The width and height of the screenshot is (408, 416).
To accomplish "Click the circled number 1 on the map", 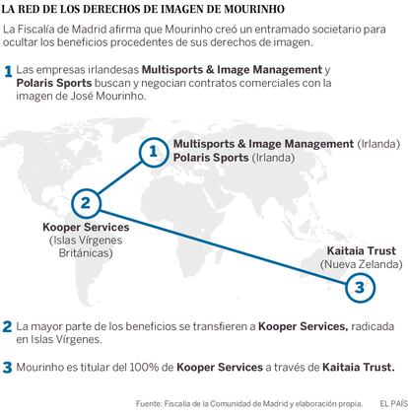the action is pos(154,152).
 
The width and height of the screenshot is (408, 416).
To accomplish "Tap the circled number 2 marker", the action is pos(86,203).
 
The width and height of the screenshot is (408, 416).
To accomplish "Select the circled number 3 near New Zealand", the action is pos(360,287).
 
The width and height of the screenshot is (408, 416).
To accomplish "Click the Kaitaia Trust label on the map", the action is pos(362,251).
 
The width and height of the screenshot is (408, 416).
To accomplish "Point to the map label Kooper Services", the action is pos(86,228).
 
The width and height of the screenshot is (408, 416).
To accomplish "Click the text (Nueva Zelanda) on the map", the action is pos(362,264).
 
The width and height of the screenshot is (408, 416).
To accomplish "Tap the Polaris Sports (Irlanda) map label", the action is pos(234,158).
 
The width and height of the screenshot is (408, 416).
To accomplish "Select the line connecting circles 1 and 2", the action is pos(119,177).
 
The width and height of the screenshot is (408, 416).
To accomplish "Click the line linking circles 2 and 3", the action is pos(223,244).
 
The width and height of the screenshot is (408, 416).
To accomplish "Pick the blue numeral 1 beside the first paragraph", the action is pos(8,72).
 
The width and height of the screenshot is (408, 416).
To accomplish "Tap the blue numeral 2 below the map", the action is pos(8,327).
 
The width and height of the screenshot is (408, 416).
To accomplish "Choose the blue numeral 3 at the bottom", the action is pos(8,368).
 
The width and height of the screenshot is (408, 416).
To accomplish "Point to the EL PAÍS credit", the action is pos(393,404).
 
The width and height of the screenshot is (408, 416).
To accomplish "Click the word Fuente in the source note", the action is pos(149,404).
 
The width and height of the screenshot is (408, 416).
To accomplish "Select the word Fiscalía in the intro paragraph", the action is pos(34,30).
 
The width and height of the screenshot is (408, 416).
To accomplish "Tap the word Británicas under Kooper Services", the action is pos(86,253).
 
